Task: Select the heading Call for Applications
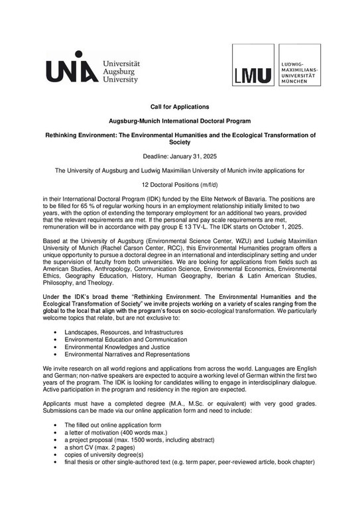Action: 180,107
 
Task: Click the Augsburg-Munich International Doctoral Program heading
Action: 180,121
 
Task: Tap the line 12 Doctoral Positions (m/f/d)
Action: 180,186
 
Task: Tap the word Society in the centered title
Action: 180,142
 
